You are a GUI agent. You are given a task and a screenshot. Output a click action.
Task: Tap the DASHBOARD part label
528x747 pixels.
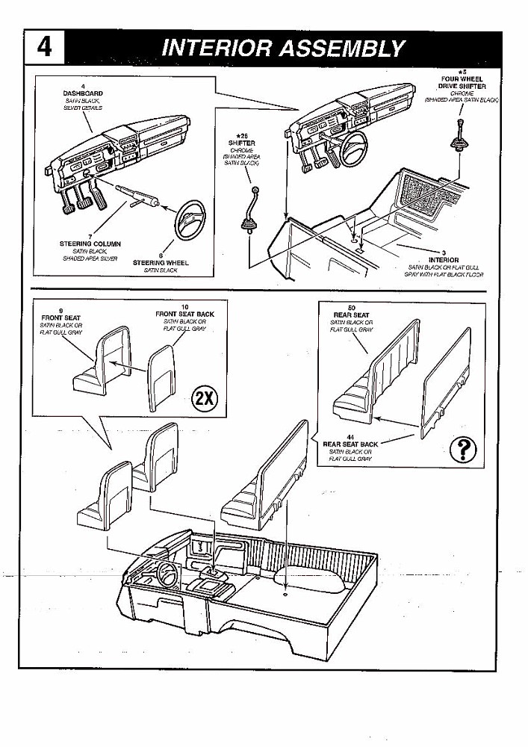[82, 93]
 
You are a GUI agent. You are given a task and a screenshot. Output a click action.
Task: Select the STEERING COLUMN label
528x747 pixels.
[90, 244]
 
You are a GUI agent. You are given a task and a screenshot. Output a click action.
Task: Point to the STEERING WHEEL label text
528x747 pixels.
[161, 263]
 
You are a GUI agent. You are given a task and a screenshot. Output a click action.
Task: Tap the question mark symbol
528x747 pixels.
[465, 449]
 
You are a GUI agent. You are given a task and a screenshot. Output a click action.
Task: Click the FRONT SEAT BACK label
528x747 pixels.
[184, 314]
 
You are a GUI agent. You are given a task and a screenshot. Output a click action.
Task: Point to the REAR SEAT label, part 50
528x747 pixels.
[350, 314]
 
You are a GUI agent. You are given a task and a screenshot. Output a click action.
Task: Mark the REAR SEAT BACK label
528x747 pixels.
[350, 444]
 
